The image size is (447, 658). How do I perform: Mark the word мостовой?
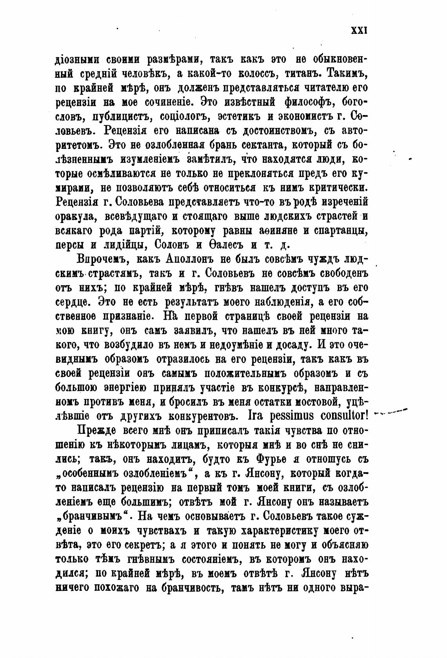pos(316,402)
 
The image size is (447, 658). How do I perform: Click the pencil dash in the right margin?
pos(392,412)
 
